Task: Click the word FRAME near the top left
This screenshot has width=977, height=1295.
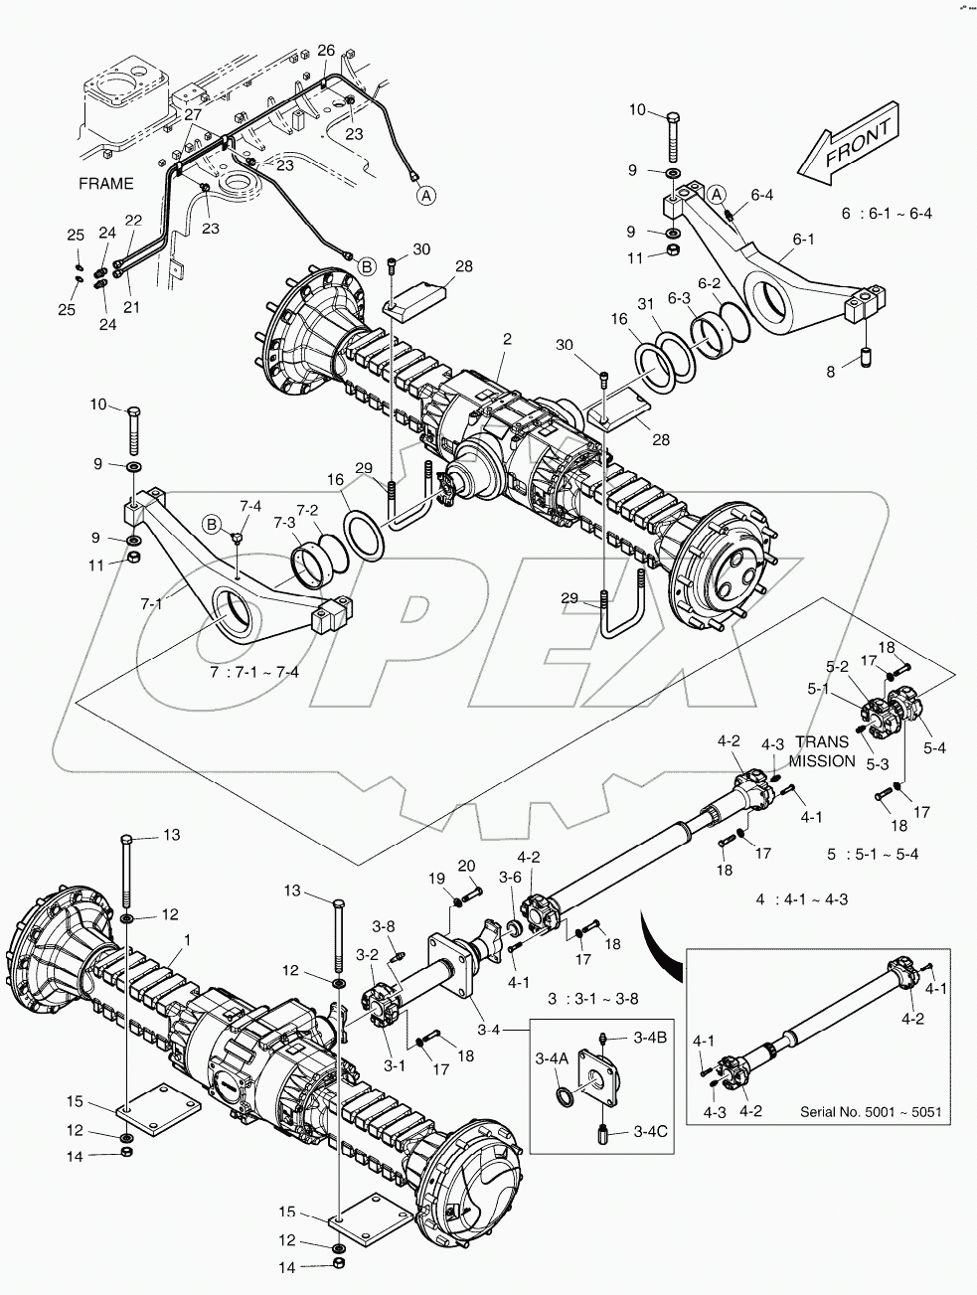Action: [106, 184]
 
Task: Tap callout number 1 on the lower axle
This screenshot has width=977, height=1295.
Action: [186, 938]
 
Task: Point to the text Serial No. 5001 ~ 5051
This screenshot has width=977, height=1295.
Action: [871, 1111]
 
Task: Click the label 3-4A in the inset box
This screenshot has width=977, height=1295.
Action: [552, 1059]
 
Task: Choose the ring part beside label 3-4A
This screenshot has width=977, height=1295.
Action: [564, 1096]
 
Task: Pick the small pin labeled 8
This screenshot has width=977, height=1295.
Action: [865, 355]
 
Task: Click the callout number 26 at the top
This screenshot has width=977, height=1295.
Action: [326, 51]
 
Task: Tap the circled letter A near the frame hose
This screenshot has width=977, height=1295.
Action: [425, 196]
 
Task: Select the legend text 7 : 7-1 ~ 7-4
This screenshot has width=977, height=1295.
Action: [255, 672]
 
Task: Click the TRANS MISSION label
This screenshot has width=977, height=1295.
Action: [822, 750]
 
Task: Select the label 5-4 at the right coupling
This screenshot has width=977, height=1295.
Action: [935, 746]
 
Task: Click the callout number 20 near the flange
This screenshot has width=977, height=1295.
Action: [468, 865]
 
